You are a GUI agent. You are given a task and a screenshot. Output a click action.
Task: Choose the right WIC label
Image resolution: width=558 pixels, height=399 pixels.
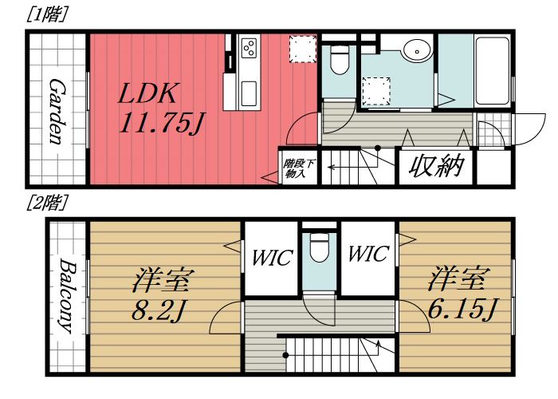367,255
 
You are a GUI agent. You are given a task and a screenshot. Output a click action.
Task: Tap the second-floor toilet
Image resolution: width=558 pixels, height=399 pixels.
320,248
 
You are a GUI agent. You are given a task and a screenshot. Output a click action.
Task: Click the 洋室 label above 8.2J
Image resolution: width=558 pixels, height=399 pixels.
164,281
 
